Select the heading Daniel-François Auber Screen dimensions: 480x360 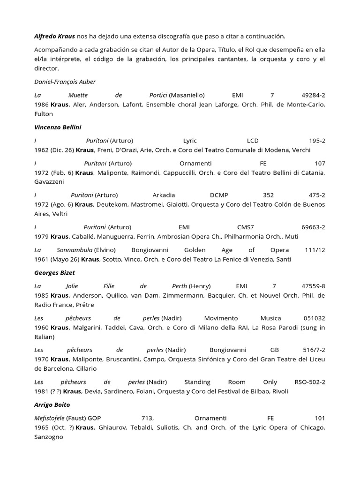point(65,82)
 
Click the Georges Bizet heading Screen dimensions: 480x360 point(55,272)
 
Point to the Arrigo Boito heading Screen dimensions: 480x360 point(52,404)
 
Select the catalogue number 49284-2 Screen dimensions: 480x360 point(311,95)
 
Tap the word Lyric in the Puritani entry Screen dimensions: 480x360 point(190,141)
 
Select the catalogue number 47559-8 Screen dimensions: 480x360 point(311,286)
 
